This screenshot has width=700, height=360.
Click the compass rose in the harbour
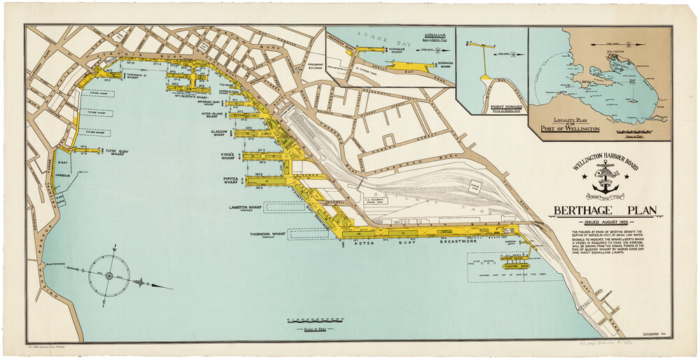(x=109, y=276)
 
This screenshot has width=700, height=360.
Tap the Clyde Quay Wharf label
(x=120, y=150)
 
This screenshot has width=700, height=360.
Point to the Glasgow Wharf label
(x=215, y=132)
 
